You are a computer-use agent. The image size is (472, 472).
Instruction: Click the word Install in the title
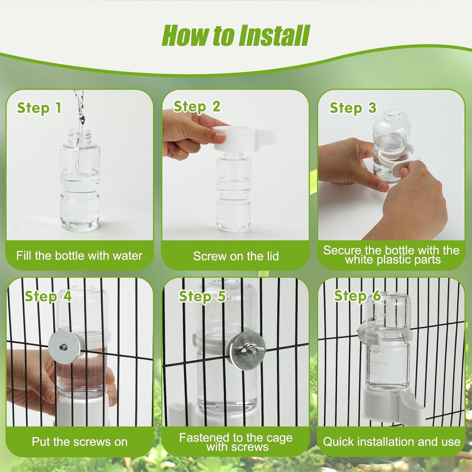(x=274, y=36)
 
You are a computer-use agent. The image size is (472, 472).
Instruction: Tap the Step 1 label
(x=39, y=108)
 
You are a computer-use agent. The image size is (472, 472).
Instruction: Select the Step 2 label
(x=197, y=107)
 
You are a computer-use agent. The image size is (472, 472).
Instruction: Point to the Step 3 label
(x=353, y=108)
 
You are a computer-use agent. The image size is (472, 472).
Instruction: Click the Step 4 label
(x=48, y=296)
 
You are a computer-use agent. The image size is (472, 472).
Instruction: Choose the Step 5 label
(x=202, y=296)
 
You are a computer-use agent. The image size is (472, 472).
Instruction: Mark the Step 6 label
(x=357, y=296)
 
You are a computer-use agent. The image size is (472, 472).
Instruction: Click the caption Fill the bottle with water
(x=79, y=255)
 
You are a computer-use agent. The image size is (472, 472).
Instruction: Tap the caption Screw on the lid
(x=236, y=256)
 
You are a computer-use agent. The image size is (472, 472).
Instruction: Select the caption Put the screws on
(x=79, y=442)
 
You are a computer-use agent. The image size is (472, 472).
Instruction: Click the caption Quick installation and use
(x=392, y=442)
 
